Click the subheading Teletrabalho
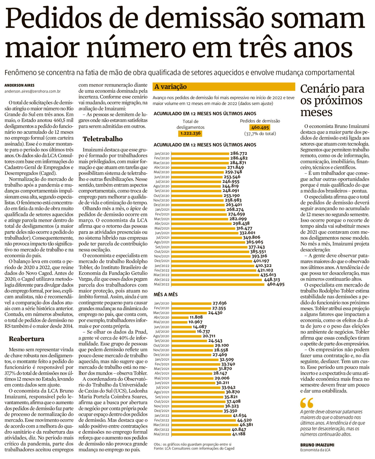pyautogui.click(x=102, y=139)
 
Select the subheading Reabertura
pyautogui.click(x=26, y=339)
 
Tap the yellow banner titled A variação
pyautogui.click(x=223, y=87)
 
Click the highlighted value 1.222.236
pyautogui.click(x=190, y=134)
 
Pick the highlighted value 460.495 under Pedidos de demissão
pyautogui.click(x=260, y=128)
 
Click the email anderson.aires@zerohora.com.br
pyautogui.click(x=32, y=91)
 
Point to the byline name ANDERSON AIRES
pyautogui.click(x=19, y=85)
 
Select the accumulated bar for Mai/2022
pyautogui.click(x=219, y=284)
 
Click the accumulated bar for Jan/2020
pyautogui.click(x=200, y=153)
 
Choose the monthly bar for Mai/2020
pyautogui.click(x=179, y=322)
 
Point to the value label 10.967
pyautogui.click(x=195, y=322)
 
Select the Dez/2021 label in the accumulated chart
pyautogui.click(x=162, y=261)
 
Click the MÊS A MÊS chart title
pyautogui.click(x=166, y=295)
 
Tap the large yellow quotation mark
pyautogui.click(x=307, y=403)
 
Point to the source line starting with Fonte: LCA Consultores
pyautogui.click(x=194, y=448)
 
